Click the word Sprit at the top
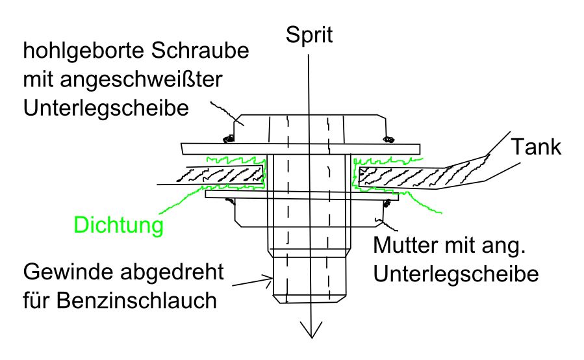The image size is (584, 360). [309, 35]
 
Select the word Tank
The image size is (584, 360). [535, 148]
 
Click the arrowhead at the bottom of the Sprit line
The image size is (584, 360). [311, 330]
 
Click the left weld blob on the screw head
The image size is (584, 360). [228, 138]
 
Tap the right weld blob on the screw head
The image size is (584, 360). [390, 137]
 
